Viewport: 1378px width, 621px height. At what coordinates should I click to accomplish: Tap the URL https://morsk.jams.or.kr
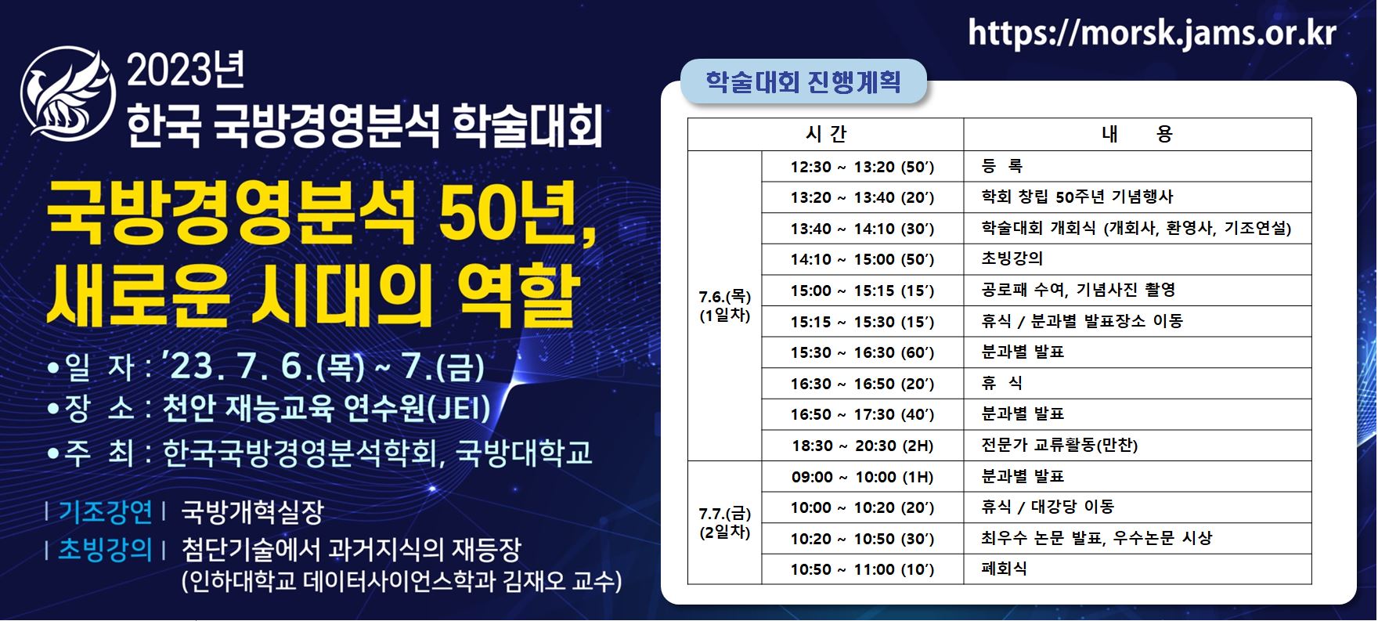[x=1152, y=34]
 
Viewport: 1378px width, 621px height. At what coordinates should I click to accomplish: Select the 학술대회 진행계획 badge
[x=803, y=82]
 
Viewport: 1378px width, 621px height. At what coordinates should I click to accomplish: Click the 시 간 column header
[x=826, y=135]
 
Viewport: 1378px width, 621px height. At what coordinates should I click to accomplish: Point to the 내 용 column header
[x=1137, y=135]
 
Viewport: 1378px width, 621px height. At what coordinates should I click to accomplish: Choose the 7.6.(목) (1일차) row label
[x=725, y=306]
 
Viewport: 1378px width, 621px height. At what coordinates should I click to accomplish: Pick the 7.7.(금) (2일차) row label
[x=725, y=523]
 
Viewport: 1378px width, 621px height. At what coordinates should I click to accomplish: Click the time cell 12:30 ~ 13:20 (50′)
[x=862, y=167]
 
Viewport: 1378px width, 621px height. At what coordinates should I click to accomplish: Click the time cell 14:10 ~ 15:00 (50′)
[x=862, y=259]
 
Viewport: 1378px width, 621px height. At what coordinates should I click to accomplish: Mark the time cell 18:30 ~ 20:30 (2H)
[x=863, y=446]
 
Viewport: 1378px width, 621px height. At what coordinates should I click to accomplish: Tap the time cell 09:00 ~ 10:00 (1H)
[x=862, y=477]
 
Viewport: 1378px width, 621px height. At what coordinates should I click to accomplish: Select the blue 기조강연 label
[x=106, y=512]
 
